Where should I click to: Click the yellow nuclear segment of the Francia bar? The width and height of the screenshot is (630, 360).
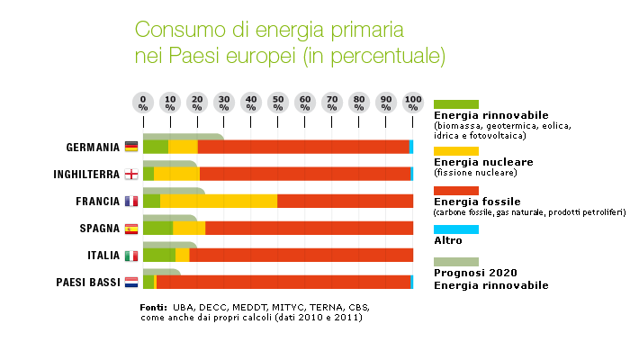click(219, 201)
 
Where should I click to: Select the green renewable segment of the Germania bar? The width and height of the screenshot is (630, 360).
click(155, 147)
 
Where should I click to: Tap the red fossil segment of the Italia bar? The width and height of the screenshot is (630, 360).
click(301, 255)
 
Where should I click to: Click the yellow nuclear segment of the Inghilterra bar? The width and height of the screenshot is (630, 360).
click(176, 174)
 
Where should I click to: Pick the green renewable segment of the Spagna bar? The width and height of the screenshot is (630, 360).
click(157, 228)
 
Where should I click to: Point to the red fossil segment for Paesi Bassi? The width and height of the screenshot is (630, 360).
click(283, 282)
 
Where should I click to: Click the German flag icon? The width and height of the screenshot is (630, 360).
click(131, 147)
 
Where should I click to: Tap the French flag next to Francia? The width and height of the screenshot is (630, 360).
click(131, 201)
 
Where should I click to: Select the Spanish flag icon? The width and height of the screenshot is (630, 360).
click(131, 229)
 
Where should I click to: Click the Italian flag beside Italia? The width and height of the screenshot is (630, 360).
click(131, 256)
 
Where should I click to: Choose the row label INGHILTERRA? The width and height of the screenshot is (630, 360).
click(86, 175)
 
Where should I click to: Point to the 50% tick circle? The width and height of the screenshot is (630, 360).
click(278, 102)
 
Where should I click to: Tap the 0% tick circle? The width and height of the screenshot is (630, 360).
click(143, 102)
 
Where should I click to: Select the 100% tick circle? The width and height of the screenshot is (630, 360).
click(413, 102)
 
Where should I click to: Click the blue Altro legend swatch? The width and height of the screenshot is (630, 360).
click(456, 229)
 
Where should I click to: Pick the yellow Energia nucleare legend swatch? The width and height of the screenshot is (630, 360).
click(456, 150)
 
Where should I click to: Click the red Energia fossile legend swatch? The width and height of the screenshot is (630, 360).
click(456, 190)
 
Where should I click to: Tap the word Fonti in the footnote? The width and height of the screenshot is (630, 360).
click(154, 308)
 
